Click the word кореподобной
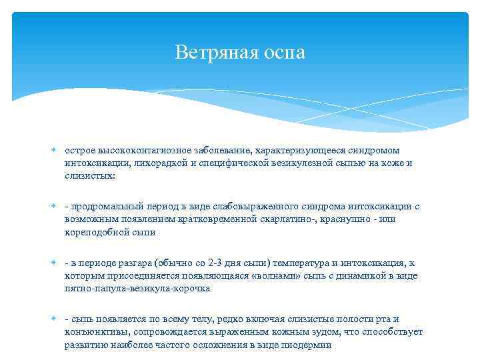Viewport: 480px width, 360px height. coord(93,232)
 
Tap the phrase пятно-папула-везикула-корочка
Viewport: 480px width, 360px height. coord(137,289)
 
